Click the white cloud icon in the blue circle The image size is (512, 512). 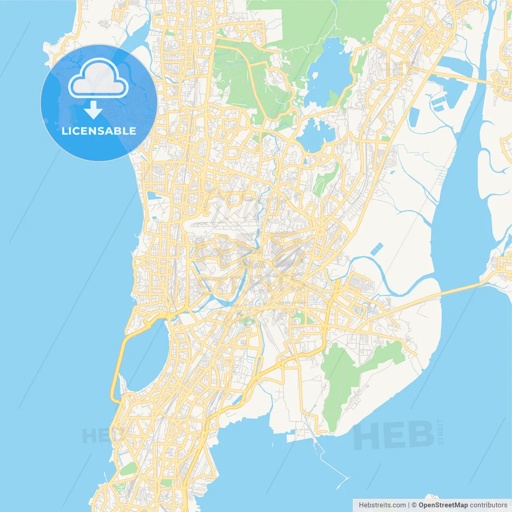pos(98,78)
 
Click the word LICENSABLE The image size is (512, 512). pos(99,131)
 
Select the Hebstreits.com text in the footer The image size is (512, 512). pos(382,505)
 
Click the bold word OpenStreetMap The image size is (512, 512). pos(443,505)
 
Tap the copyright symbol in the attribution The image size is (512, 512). pos(414,505)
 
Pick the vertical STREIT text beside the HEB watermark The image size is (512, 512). pos(441,432)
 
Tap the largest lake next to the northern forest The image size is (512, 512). pos(328,72)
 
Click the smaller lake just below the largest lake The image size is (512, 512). pos(316,134)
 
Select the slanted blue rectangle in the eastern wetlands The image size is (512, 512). pos(376,249)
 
